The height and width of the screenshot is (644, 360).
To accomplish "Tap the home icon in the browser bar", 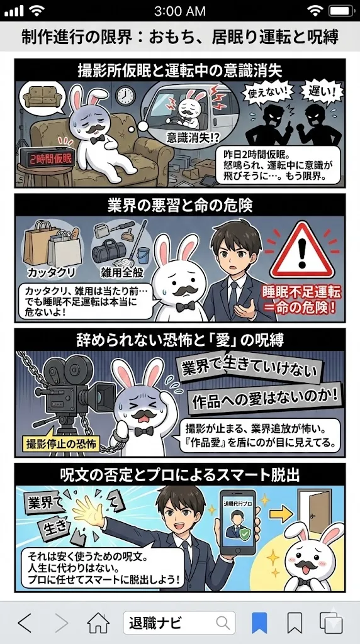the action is click(99, 623).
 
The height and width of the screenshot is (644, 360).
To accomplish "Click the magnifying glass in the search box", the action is click(222, 623).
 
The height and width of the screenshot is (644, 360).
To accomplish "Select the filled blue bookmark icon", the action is click(259, 623).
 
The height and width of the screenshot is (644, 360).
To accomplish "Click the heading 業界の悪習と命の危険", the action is click(180, 206).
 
